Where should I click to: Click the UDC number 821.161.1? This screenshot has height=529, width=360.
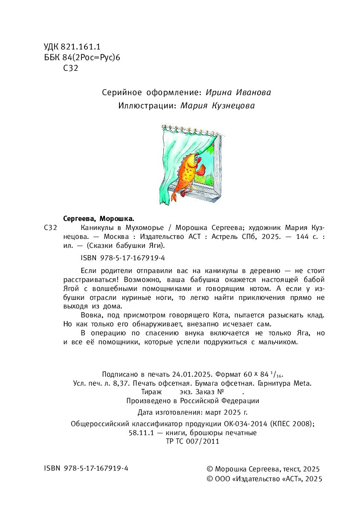click(x=80, y=47)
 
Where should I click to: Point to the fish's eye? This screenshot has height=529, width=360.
click(x=197, y=158)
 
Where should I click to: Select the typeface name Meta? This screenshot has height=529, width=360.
click(x=302, y=383)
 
